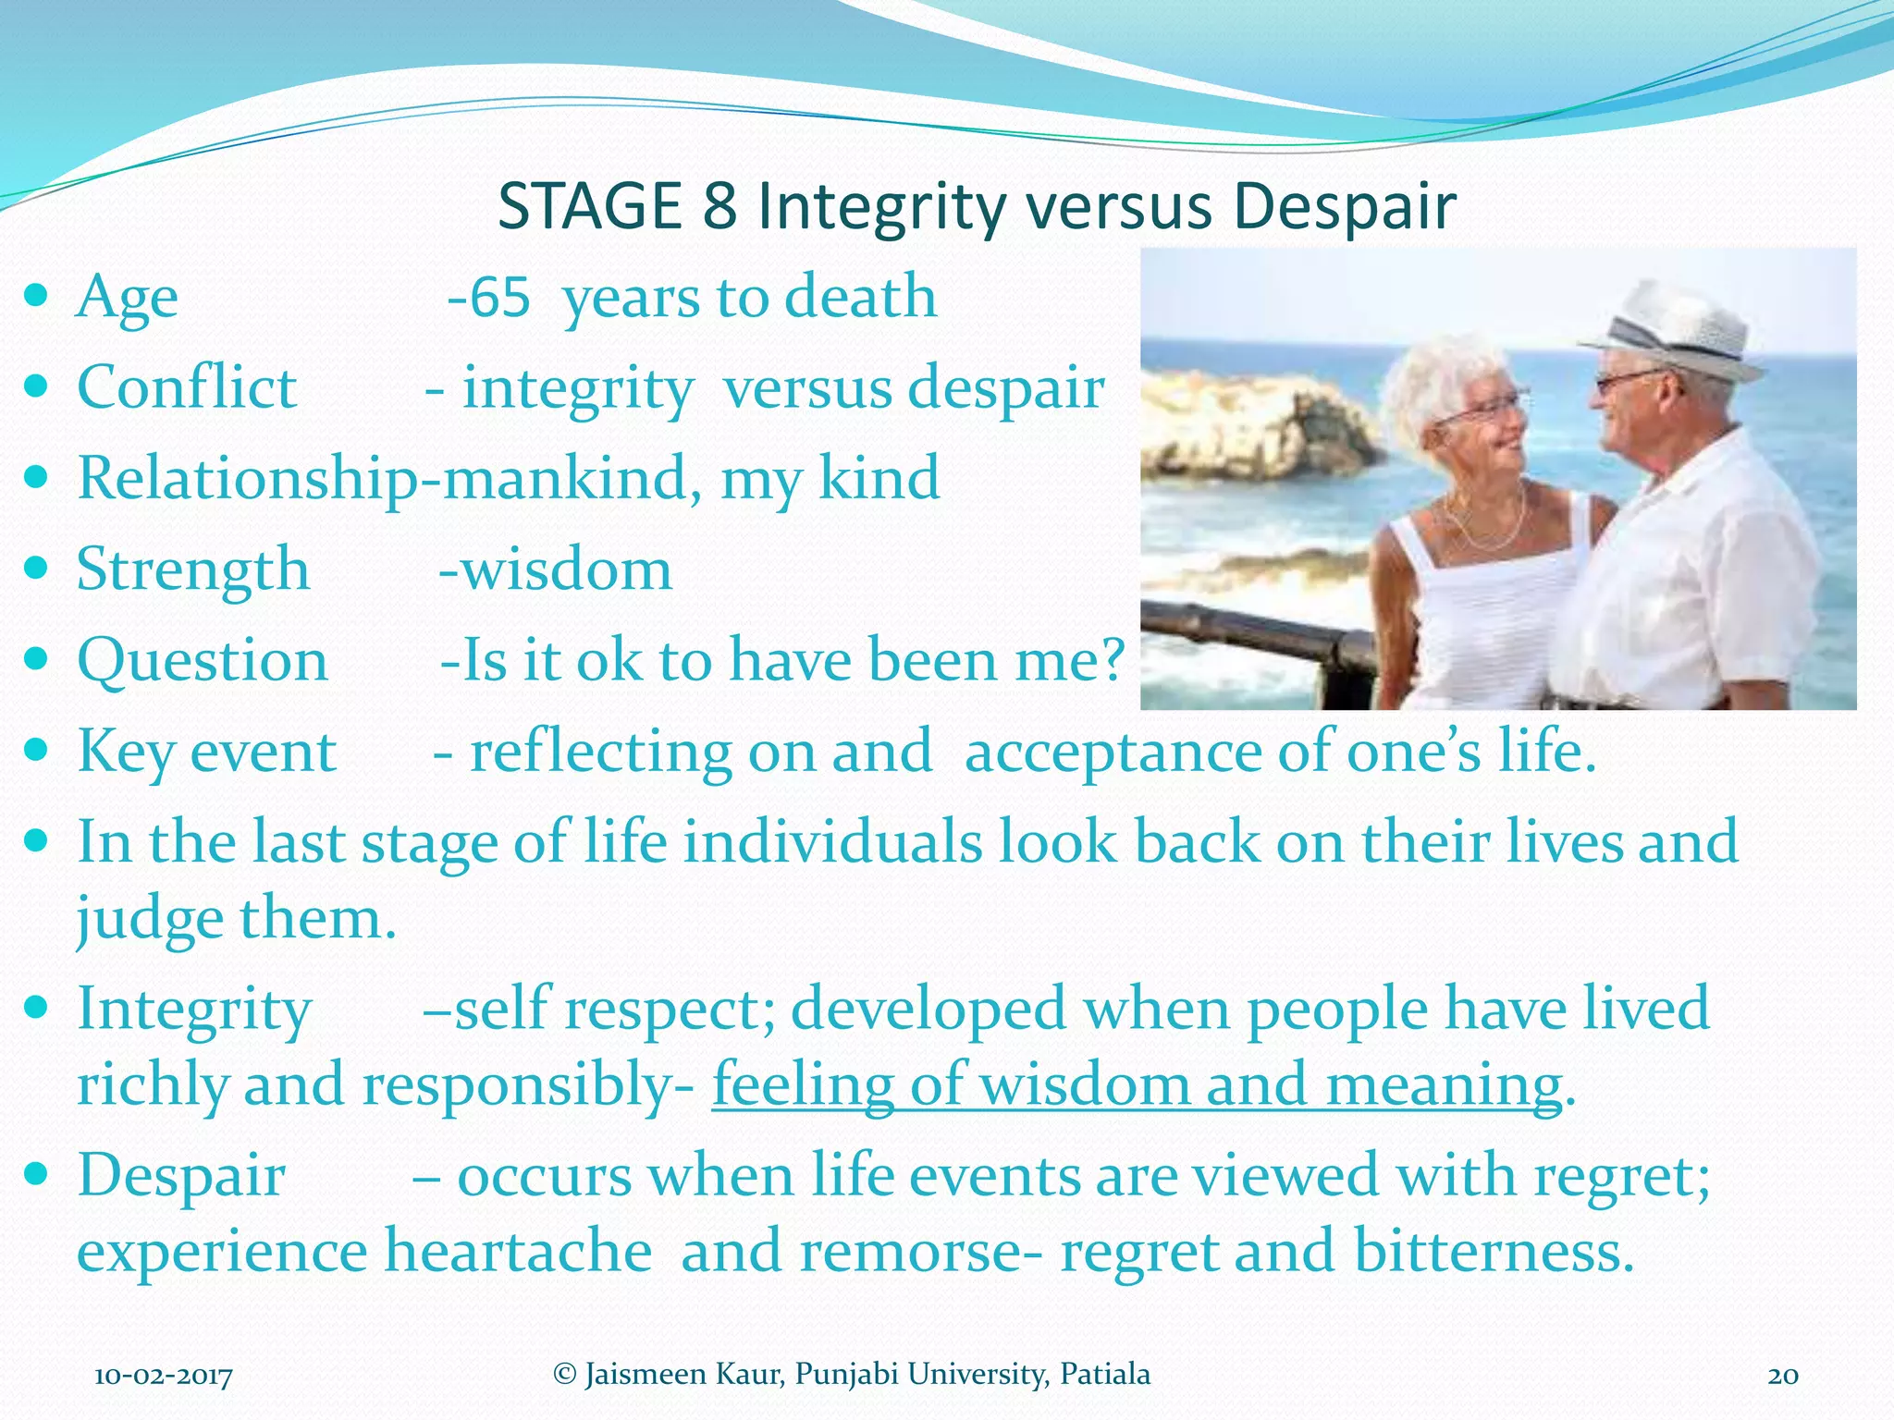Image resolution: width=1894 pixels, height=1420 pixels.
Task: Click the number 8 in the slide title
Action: click(719, 206)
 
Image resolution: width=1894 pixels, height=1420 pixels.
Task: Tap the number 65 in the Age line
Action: click(499, 297)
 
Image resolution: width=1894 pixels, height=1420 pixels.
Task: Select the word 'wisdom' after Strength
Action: click(566, 569)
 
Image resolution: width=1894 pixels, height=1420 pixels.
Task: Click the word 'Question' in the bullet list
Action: click(203, 661)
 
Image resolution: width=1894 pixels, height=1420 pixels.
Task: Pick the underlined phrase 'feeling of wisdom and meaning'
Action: click(1137, 1085)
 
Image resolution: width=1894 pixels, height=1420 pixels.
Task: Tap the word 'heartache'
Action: click(518, 1251)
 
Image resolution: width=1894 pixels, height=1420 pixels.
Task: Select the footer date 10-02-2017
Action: click(164, 1377)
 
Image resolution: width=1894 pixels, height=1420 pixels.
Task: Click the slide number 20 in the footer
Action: click(1782, 1377)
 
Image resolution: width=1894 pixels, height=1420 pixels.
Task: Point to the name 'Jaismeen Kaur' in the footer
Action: click(683, 1375)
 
